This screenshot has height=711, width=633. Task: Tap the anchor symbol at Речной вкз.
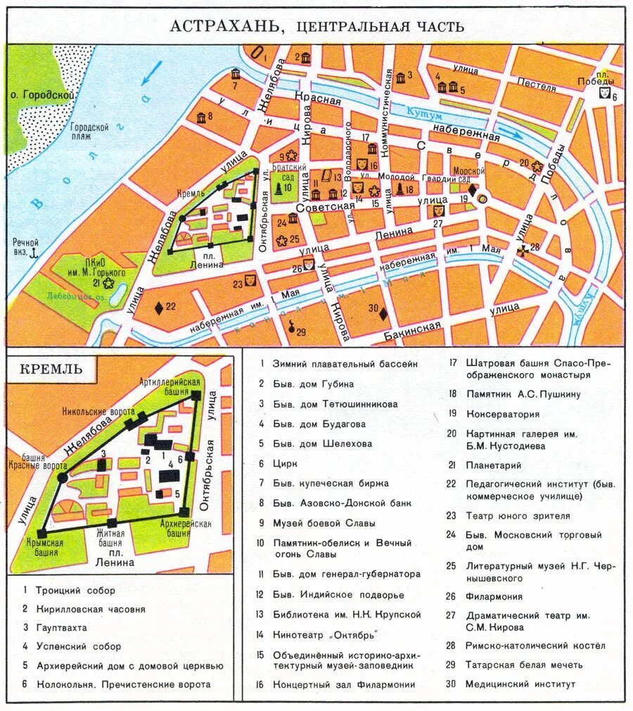[30, 251]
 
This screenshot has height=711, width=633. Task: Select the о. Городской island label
[39, 94]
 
